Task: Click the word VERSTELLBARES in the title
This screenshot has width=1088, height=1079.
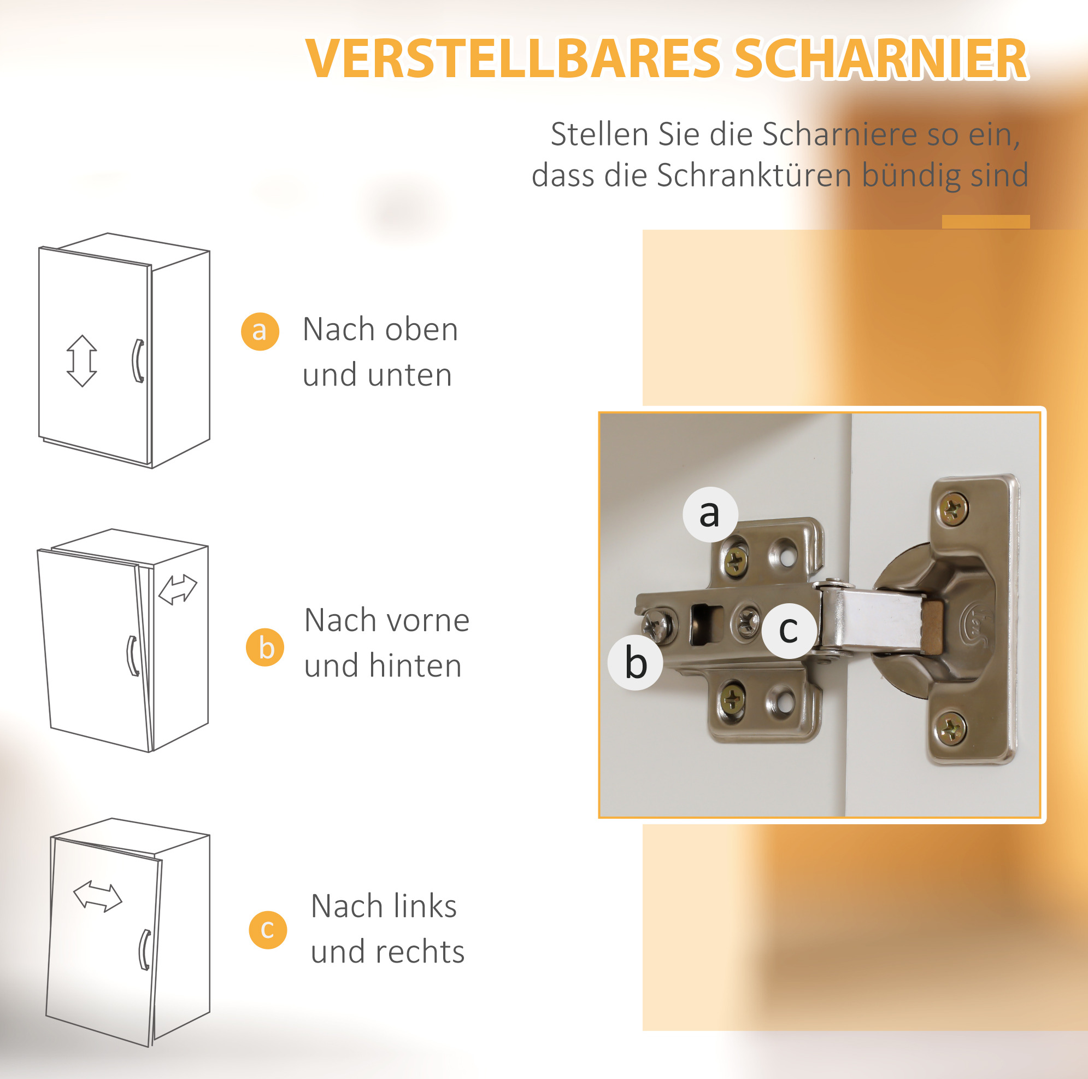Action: tap(513, 59)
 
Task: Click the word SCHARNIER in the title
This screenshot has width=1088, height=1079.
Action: tap(881, 59)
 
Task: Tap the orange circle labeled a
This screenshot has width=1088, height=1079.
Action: tap(260, 331)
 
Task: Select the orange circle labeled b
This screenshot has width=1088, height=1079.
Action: tap(265, 648)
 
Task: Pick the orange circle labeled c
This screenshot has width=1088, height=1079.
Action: tap(268, 930)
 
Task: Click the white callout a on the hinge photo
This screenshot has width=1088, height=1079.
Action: tap(710, 514)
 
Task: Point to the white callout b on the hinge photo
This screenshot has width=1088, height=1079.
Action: tap(636, 663)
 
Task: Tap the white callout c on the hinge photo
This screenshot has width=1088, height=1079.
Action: tap(790, 631)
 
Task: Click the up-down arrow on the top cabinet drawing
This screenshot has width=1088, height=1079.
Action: tap(82, 360)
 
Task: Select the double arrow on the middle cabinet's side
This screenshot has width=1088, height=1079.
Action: tap(178, 590)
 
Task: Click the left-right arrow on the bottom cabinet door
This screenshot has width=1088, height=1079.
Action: tap(97, 896)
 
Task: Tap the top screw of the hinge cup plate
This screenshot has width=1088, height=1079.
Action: tap(954, 509)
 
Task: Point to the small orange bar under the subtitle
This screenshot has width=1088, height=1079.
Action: tap(986, 221)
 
